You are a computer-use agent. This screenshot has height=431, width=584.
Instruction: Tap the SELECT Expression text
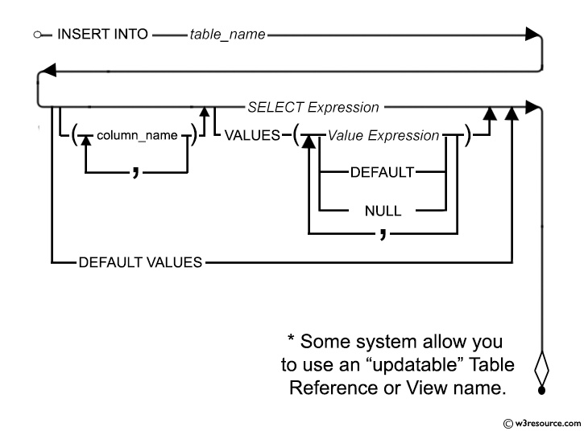coord(313,107)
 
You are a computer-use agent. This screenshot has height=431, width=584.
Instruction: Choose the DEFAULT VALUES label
coord(140,262)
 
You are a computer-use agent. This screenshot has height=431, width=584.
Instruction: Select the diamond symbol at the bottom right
coord(542,371)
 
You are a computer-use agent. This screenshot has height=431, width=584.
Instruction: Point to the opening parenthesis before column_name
coord(73,136)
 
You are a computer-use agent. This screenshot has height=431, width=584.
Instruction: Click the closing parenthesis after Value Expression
coord(469,136)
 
